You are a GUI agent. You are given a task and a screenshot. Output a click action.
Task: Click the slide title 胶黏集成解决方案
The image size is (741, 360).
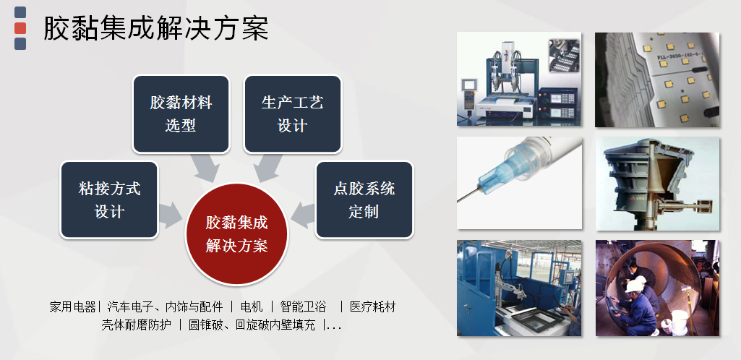pos(156,28)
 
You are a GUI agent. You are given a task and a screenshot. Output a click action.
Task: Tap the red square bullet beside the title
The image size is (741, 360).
pos(20,28)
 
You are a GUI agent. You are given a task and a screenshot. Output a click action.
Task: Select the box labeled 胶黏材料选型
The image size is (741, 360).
pos(181,114)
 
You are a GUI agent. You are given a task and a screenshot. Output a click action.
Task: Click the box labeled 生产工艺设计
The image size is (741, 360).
pos(293,114)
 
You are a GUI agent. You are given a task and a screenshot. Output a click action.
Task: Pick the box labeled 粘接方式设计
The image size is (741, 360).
pos(109,200)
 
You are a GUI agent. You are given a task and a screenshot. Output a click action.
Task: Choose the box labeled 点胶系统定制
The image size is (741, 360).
pos(364,200)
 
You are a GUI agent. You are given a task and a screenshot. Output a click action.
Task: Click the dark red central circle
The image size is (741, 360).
pos(237,234)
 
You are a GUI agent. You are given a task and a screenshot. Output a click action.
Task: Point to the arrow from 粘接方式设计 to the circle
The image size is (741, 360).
pos(171,215)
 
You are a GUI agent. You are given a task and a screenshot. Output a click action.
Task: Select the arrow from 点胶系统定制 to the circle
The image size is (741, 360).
pos(303,215)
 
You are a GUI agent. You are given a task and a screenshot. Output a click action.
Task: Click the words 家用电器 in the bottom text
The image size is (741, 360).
pos(73,307)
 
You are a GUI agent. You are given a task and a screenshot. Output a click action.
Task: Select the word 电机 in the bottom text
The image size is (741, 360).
pos(252,307)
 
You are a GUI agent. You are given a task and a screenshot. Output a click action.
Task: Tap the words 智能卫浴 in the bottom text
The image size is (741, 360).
pos(303,307)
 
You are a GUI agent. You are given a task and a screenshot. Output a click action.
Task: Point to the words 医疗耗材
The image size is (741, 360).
pos(372,307)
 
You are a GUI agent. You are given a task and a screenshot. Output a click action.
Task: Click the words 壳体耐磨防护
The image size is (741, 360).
pos(136,325)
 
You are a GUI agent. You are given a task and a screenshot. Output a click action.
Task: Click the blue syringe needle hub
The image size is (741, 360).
pos(501,171)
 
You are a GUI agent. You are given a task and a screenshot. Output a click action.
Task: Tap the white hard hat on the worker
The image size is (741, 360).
pos(633,286)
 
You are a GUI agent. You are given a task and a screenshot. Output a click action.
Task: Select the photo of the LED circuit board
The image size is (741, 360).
pos(657,80)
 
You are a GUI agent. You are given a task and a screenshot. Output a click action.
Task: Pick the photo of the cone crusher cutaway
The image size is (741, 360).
pos(657,184)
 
